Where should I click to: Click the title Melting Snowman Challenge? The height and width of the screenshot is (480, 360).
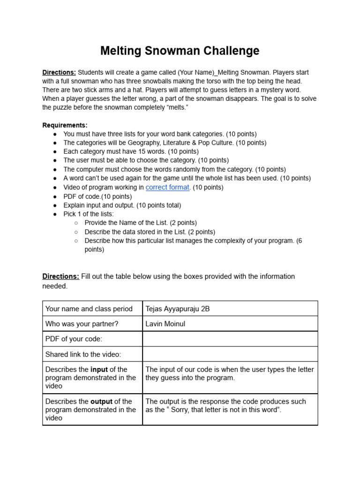click(x=180, y=51)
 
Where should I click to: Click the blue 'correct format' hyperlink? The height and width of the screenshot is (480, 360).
click(x=167, y=187)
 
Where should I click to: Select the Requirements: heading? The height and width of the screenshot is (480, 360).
click(x=65, y=125)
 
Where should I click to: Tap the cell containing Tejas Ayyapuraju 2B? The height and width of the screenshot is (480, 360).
click(x=230, y=308)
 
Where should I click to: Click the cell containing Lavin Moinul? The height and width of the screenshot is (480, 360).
click(x=230, y=324)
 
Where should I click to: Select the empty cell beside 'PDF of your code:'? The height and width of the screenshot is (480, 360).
click(x=230, y=339)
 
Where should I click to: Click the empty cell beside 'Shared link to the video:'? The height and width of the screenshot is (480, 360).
click(x=230, y=354)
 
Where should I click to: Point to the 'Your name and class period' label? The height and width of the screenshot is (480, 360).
click(x=89, y=308)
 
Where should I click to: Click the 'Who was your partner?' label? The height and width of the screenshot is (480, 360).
click(x=82, y=324)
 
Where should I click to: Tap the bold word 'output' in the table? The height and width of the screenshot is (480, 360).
click(x=101, y=401)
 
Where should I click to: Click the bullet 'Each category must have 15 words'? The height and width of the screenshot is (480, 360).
click(x=131, y=151)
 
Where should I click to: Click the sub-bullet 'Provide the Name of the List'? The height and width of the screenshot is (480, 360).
click(x=141, y=223)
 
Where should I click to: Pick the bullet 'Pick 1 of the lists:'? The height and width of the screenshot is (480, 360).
click(x=89, y=214)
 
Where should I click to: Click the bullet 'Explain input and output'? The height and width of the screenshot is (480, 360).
click(x=122, y=205)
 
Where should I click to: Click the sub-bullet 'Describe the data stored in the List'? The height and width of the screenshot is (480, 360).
click(x=150, y=232)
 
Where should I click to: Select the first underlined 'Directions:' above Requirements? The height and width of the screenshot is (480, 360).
click(x=59, y=73)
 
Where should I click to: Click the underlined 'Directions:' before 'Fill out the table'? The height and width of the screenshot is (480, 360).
click(x=60, y=277)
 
